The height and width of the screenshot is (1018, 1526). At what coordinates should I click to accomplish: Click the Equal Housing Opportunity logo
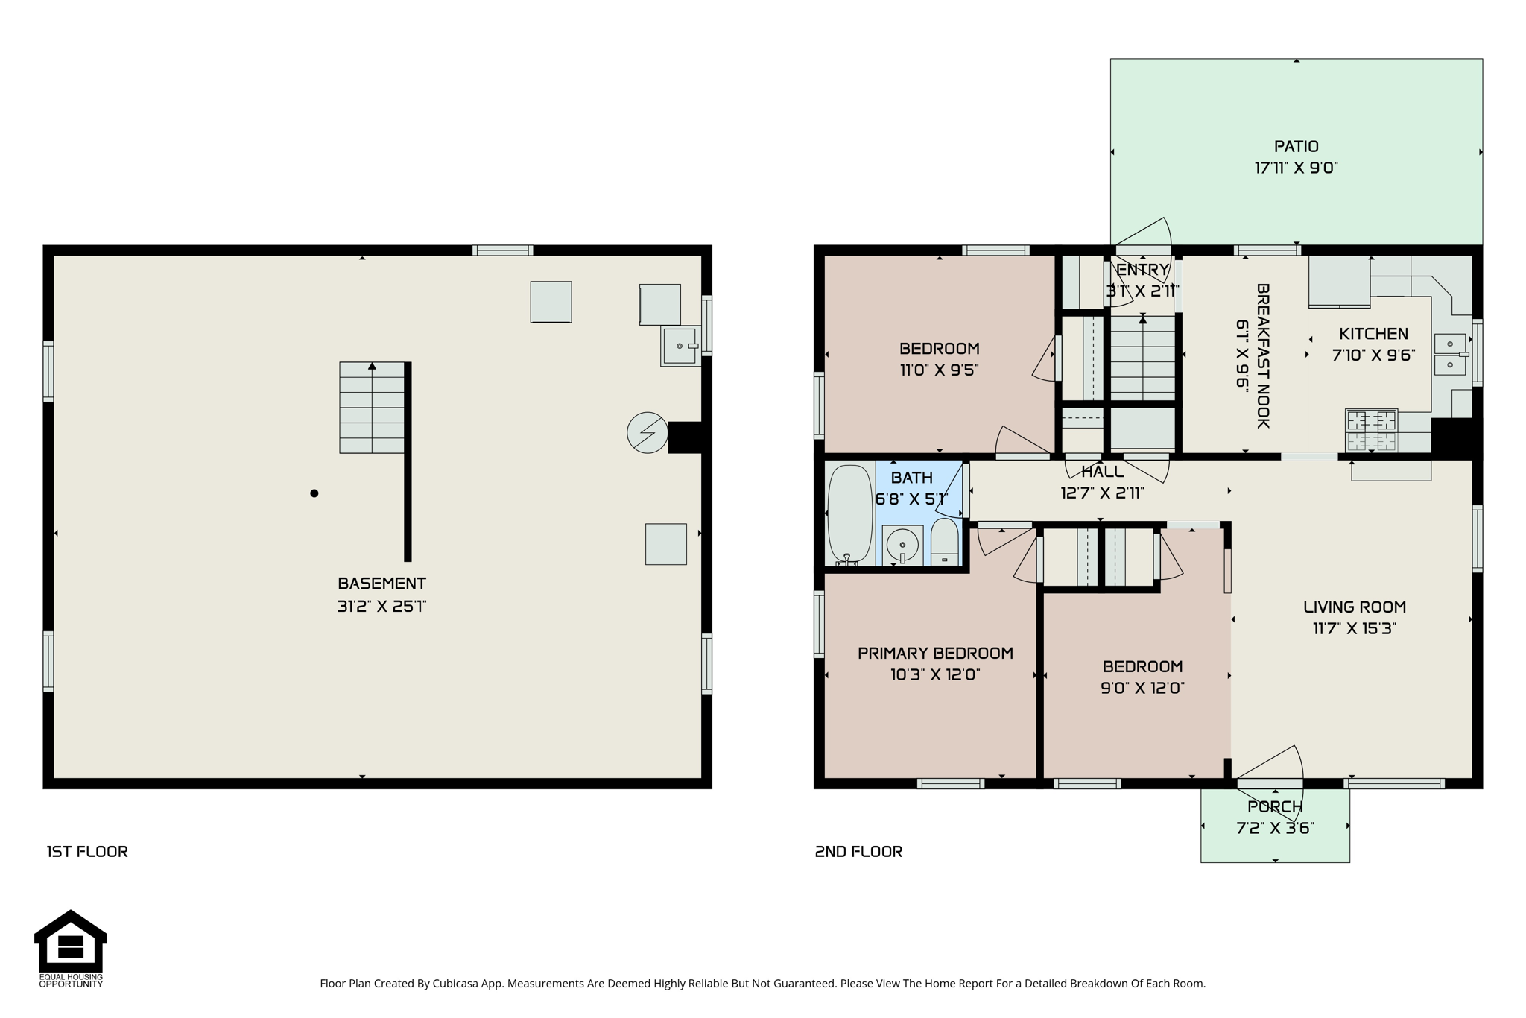tap(71, 948)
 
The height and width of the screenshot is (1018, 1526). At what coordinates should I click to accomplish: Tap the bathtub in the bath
tap(850, 514)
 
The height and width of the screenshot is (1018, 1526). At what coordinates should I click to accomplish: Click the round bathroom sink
tap(902, 546)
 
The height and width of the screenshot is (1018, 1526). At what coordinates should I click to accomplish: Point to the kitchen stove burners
tap(1371, 430)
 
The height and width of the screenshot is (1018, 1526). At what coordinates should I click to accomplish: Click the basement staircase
tap(372, 408)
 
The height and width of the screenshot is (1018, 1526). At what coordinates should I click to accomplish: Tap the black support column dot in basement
tap(314, 493)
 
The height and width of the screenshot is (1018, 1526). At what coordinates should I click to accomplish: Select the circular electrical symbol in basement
tap(647, 433)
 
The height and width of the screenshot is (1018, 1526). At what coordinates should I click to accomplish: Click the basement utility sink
tap(680, 347)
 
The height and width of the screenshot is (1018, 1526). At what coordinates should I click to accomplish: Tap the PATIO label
tap(1297, 147)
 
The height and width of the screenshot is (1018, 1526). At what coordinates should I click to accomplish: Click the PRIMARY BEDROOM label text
tap(935, 654)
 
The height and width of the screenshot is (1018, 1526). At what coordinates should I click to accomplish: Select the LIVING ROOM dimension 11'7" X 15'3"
tap(1354, 628)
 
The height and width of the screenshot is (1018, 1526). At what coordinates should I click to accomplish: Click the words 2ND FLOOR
tap(858, 852)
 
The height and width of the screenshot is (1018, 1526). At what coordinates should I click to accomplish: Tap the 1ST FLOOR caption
tap(87, 852)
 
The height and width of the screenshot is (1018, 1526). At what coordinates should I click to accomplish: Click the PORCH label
tap(1275, 807)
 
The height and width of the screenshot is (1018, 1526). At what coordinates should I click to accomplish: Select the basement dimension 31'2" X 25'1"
tap(381, 607)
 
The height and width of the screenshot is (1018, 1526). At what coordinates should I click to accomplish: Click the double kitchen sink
tap(1450, 355)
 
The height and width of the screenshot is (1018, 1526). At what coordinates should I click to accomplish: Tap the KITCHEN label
tap(1373, 334)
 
